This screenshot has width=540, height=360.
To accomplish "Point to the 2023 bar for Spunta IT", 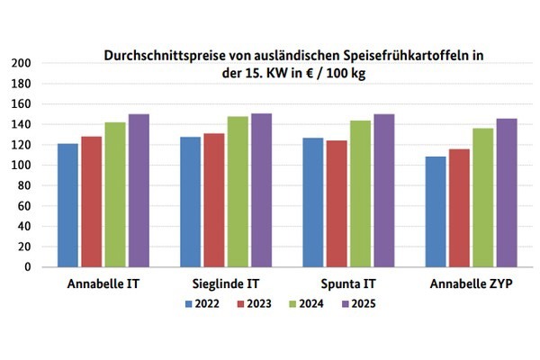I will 337,203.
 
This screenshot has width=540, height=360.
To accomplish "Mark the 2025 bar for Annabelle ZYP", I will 506,193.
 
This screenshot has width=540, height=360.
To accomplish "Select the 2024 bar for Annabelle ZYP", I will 482,197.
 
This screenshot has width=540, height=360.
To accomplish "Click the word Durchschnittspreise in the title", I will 152,56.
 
